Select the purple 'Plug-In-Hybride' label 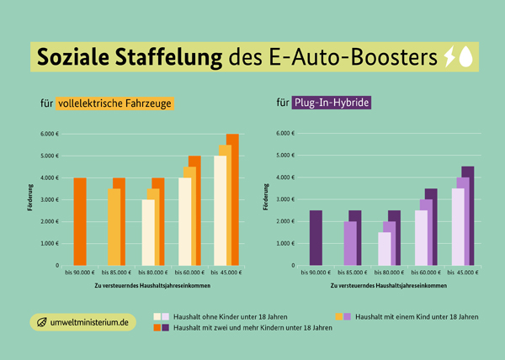332,104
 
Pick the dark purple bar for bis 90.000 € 316,237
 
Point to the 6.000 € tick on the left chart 49,134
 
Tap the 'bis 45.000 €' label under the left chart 226,273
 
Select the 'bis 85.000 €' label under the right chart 352,273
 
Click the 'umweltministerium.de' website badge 82,322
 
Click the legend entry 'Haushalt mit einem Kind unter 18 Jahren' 417,316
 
